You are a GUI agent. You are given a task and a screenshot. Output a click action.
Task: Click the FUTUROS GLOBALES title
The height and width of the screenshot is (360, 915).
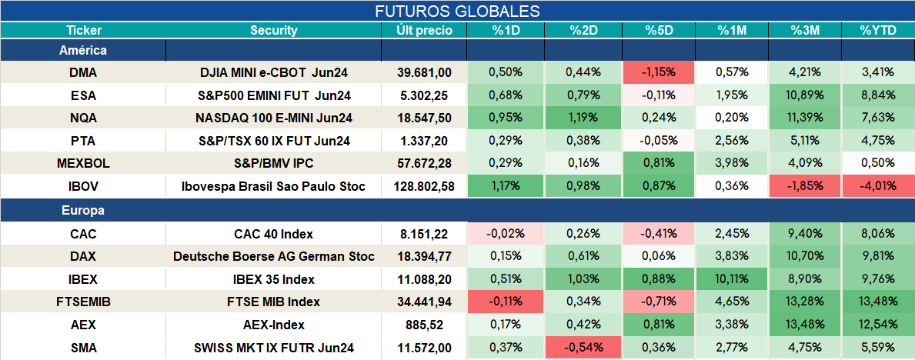[457, 11]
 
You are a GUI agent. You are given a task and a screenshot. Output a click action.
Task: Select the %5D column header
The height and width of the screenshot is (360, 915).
[660, 31]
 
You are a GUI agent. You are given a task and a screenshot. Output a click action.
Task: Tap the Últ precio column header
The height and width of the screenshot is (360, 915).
[424, 31]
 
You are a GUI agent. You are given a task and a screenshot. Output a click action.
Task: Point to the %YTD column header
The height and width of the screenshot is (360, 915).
[877, 31]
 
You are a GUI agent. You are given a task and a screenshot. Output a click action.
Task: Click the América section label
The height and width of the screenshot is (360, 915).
[83, 51]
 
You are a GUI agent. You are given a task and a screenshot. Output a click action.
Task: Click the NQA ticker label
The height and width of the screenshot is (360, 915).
[83, 118]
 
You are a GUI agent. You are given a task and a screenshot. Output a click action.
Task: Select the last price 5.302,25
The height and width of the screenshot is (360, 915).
[424, 95]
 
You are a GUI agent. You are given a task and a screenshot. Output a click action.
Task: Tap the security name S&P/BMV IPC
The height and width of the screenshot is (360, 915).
[274, 163]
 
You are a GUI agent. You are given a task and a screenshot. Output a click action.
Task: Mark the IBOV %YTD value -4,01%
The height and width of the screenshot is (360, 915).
[877, 187]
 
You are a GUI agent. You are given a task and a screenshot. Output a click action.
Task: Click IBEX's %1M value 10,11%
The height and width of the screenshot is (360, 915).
[732, 279]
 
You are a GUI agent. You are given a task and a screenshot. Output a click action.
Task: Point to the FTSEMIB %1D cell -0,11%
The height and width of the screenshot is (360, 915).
[506, 302]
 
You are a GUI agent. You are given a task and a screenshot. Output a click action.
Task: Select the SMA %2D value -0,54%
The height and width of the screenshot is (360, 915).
[583, 348]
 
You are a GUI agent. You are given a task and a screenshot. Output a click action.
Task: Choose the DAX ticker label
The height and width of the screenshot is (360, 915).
[83, 257]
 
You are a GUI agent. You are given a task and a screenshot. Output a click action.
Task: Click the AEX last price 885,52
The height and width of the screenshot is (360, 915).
[424, 325]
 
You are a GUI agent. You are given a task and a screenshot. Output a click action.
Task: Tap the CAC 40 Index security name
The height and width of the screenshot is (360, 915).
[274, 234]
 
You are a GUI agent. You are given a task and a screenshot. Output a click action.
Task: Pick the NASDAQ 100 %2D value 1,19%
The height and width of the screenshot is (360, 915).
[583, 118]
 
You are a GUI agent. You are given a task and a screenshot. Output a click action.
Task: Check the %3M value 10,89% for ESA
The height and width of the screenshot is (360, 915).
[805, 95]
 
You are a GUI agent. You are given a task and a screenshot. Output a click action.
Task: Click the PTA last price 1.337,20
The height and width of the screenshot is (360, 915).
[424, 141]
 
